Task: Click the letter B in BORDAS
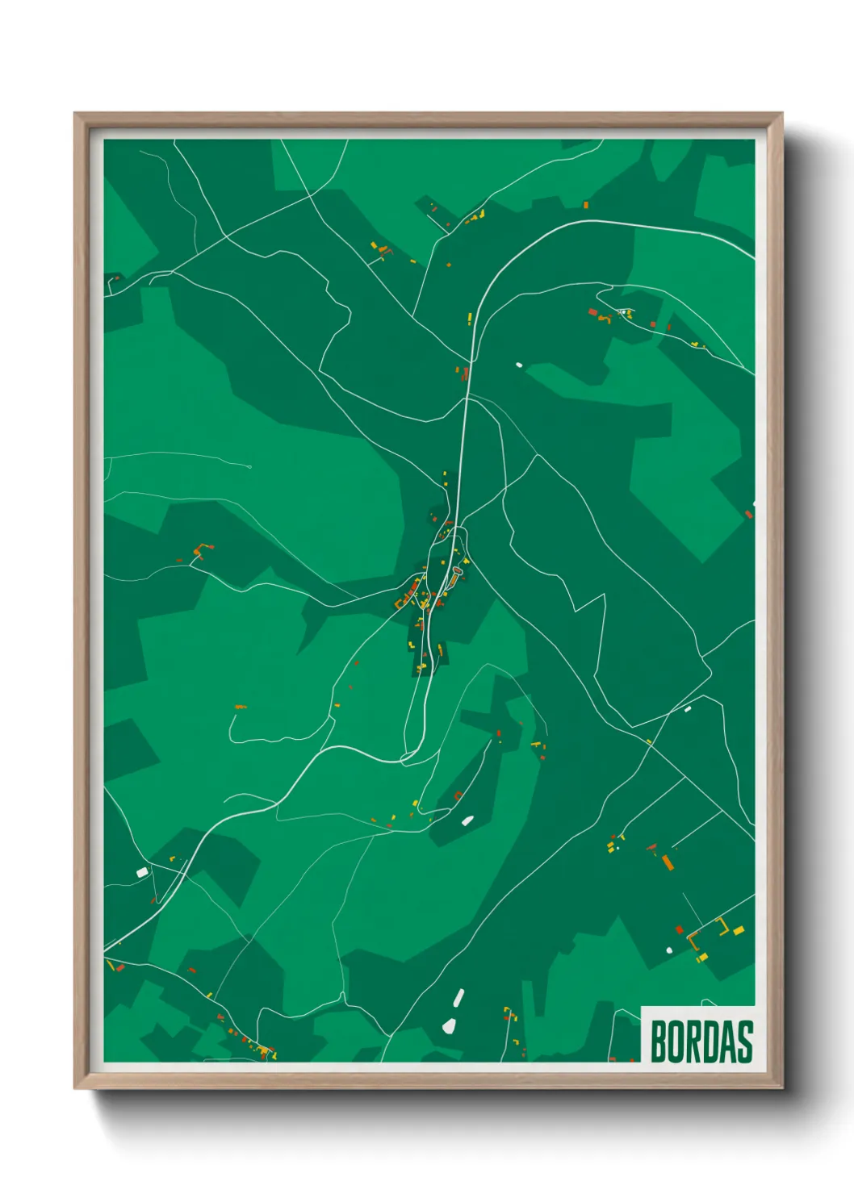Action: tap(658, 1042)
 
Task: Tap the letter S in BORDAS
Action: tap(744, 1042)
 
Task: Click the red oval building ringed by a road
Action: tap(457, 571)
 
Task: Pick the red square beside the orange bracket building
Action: tap(680, 929)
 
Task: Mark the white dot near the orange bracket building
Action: tap(669, 950)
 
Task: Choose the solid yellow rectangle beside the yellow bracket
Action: tap(739, 930)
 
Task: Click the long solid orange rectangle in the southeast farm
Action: tap(668, 862)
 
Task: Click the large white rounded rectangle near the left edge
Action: tap(142, 872)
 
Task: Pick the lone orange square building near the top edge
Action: tap(586, 205)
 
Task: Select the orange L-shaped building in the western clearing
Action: tap(199, 549)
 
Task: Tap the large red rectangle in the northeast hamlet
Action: tap(592, 311)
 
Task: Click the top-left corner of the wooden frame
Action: tap(75, 114)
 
